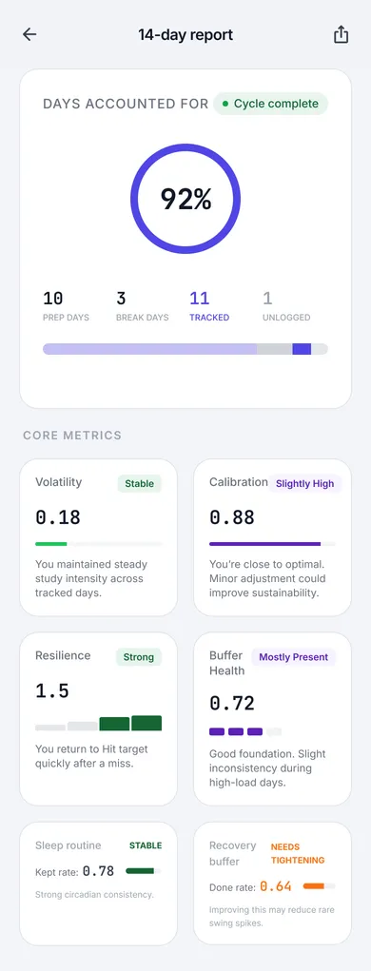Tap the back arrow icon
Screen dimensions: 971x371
tap(29, 34)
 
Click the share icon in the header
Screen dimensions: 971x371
tap(342, 34)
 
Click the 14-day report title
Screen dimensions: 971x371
tap(185, 34)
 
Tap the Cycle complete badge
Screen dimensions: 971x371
tap(270, 104)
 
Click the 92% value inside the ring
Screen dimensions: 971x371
tap(185, 199)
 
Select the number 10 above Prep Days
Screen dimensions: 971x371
tap(53, 299)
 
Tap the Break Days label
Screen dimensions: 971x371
tap(142, 318)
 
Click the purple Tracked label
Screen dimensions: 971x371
tap(209, 318)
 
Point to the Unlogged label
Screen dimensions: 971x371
tap(286, 318)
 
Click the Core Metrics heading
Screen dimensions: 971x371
tap(72, 436)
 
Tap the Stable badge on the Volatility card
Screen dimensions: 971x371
tap(140, 483)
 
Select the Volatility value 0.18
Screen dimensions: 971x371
tap(58, 517)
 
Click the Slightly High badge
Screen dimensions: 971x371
tap(304, 483)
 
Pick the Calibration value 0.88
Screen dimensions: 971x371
tap(232, 517)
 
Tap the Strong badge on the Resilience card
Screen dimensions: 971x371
tap(139, 656)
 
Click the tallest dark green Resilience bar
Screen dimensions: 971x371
tap(146, 723)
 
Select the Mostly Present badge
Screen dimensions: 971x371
tap(293, 656)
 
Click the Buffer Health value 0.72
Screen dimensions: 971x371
tap(232, 704)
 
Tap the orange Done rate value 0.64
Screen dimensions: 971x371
tap(276, 886)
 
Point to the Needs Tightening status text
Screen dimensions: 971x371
tap(298, 853)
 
